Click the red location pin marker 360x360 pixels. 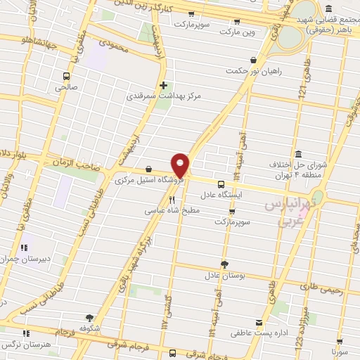pyautogui.click(x=181, y=166)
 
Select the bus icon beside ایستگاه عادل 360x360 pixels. pyautogui.click(x=222, y=184)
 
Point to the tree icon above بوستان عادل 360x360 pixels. pyautogui.click(x=224, y=264)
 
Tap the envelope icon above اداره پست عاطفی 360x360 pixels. pyautogui.click(x=259, y=322)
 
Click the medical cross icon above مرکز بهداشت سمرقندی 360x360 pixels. pyautogui.click(x=164, y=85)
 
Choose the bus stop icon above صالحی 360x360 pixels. pyautogui.click(x=67, y=76)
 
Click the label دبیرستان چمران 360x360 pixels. pyautogui.click(x=27, y=259)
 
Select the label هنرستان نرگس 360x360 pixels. pyautogui.click(x=26, y=345)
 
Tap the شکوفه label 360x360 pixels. pyautogui.click(x=90, y=328)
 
